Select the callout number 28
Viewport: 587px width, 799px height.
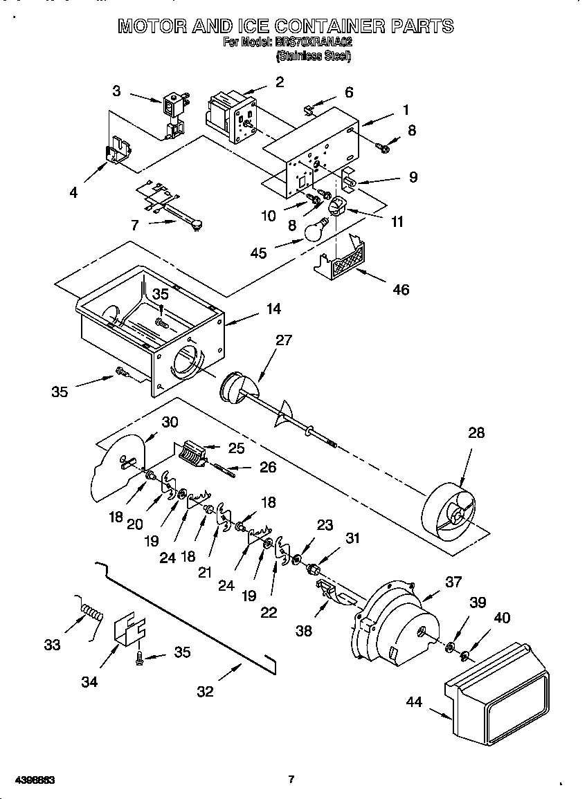476,434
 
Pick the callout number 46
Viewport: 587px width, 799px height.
401,289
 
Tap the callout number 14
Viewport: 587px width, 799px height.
274,309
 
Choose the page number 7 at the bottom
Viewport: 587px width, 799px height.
291,780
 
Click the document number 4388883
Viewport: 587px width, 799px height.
34,780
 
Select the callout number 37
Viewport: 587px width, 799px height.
453,582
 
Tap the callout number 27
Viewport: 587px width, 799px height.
284,340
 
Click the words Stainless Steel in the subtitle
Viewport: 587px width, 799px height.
314,56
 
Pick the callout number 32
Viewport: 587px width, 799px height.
206,690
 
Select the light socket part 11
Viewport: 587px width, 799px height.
337,206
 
